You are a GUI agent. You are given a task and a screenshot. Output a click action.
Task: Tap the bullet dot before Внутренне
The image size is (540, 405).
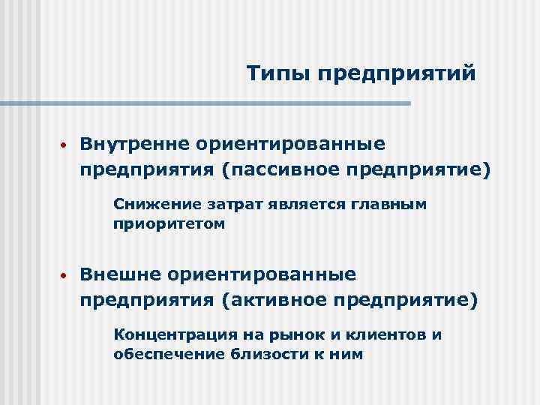coord(65,145)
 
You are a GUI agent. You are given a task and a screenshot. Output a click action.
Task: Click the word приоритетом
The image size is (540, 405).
coord(169,223)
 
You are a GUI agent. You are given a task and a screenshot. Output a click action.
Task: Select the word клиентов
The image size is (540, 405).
coord(379,334)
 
